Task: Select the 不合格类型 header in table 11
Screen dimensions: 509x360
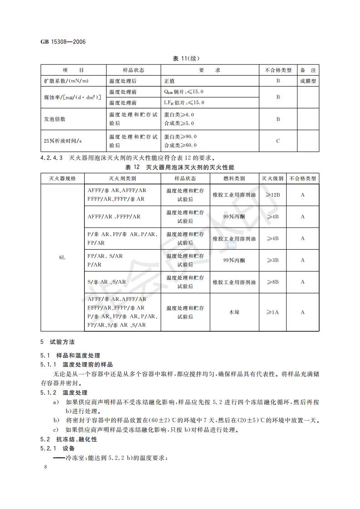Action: click(x=278, y=70)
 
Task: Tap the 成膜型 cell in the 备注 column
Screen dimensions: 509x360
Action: click(x=307, y=81)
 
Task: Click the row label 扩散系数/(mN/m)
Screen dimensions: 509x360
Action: click(x=66, y=81)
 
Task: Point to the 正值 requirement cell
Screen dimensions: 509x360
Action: click(x=169, y=81)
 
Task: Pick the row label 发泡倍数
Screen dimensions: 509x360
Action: click(x=54, y=119)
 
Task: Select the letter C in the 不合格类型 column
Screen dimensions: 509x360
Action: click(x=278, y=141)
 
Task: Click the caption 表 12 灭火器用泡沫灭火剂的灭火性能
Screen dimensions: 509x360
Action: click(x=180, y=167)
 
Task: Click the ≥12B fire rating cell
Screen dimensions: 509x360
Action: click(x=272, y=194)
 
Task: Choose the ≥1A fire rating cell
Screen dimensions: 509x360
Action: click(x=272, y=312)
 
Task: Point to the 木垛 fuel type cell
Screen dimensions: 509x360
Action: click(x=234, y=312)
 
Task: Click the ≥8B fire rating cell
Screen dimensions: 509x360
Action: click(x=272, y=282)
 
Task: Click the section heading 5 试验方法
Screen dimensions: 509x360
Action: click(x=57, y=341)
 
